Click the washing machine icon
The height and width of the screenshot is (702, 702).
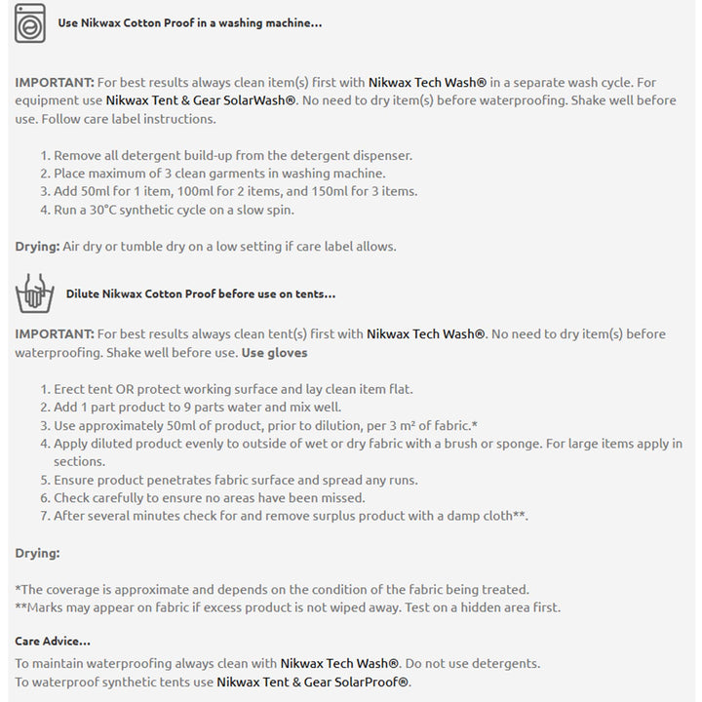[30, 23]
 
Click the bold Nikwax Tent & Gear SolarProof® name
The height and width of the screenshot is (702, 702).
[313, 682]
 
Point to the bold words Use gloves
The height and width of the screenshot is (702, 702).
[274, 352]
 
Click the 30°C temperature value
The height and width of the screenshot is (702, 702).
[97, 210]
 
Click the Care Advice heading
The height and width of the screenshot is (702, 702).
[53, 641]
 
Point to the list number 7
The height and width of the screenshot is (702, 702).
[45, 516]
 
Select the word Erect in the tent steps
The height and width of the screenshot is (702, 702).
[71, 389]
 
